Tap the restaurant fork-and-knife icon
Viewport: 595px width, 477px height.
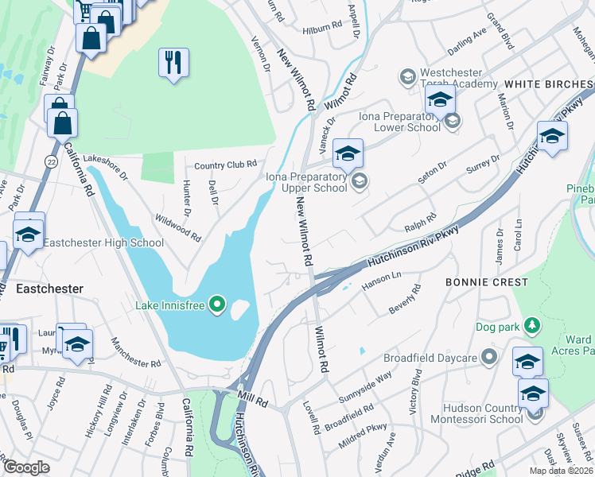(173, 62)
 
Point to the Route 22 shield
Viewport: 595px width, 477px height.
(51, 162)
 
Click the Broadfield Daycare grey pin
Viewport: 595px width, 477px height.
(491, 357)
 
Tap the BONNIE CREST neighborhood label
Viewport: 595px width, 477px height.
(486, 282)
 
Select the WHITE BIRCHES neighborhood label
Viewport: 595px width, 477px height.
(548, 83)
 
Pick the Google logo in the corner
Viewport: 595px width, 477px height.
(26, 467)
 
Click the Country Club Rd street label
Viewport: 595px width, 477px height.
(227, 165)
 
